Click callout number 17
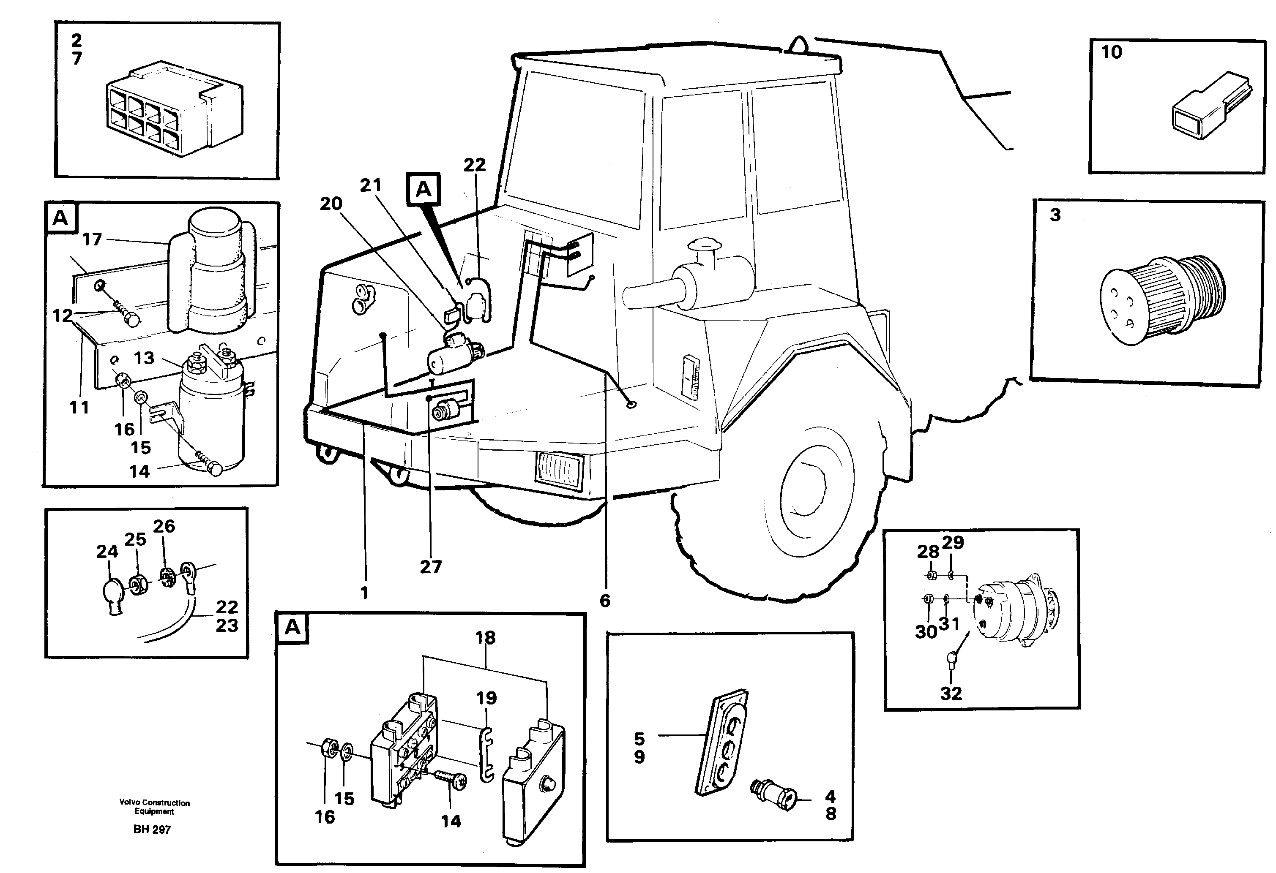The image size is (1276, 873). click(x=92, y=239)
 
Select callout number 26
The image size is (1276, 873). click(x=164, y=526)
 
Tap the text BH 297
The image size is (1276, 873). click(x=152, y=829)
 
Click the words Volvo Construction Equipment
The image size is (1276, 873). click(x=154, y=807)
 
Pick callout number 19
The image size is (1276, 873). click(x=486, y=698)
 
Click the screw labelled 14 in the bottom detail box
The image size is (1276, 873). click(x=451, y=779)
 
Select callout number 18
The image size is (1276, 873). click(x=485, y=638)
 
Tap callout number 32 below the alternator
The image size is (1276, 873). click(x=951, y=693)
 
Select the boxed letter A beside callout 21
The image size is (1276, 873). click(x=424, y=189)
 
